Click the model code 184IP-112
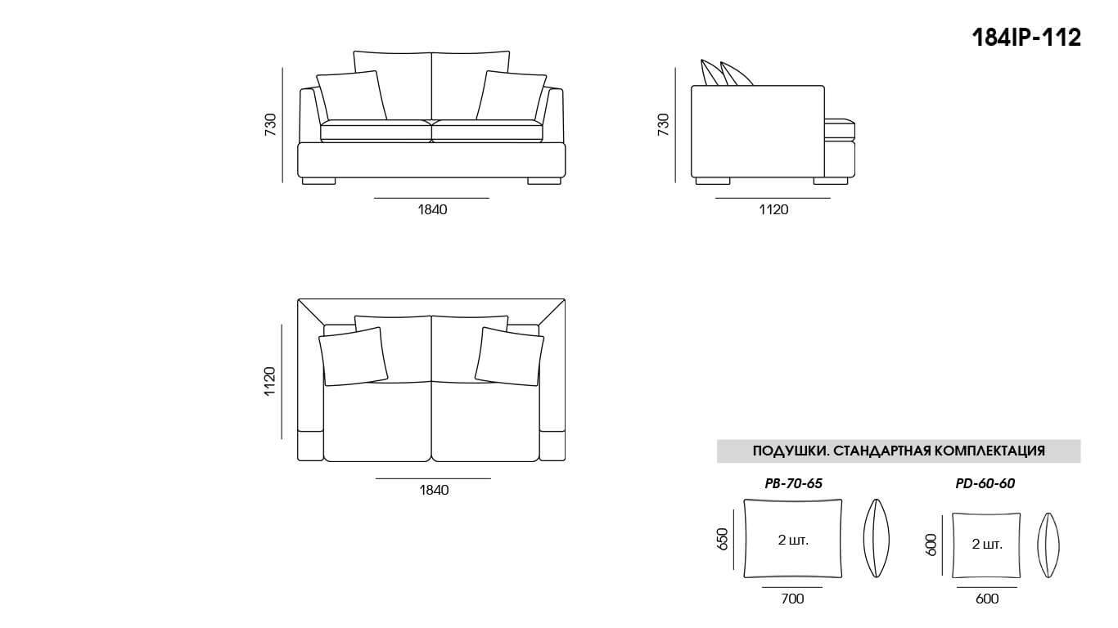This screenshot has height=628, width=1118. pos(1026,38)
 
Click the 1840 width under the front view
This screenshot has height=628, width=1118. pos(432,209)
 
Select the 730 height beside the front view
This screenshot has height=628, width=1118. pos(271,124)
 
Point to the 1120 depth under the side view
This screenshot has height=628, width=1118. pos(773,209)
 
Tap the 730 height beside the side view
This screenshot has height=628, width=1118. pos(663,124)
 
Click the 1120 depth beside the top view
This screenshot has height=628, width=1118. pos(270,381)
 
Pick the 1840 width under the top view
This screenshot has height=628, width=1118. pos(433,490)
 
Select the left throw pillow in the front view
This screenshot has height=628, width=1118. pos(352,96)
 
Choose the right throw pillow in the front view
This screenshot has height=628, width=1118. pos(511,96)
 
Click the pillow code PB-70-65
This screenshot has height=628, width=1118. pos(793,483)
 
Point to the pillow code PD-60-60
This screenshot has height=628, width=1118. pos(985,483)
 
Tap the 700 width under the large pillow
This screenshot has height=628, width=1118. pos(792,599)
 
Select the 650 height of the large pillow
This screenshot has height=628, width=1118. pos(722,540)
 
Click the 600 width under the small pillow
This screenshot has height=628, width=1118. pos(987,599)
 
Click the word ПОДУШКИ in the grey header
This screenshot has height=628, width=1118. pos(784,451)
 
